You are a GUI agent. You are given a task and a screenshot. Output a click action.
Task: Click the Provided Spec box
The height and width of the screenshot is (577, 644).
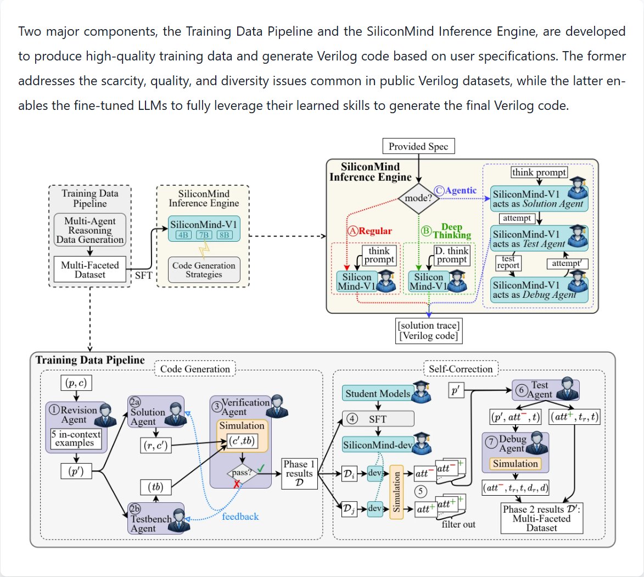418,146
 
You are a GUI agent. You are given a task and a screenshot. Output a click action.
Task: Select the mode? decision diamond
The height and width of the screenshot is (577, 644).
418,198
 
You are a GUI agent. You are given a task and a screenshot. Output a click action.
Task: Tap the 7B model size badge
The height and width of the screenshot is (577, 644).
204,235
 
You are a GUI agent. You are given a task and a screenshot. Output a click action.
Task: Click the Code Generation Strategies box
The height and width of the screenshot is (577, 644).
204,270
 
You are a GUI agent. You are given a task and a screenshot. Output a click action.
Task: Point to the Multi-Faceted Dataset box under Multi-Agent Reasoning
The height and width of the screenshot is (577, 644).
90,270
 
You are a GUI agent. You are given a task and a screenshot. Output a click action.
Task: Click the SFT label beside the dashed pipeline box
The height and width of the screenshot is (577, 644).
144,275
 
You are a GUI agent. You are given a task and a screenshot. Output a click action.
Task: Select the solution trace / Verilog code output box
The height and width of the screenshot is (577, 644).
429,331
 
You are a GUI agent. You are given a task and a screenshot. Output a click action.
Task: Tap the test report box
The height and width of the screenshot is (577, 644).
508,262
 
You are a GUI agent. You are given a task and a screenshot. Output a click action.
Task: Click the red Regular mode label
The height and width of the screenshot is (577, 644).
370,231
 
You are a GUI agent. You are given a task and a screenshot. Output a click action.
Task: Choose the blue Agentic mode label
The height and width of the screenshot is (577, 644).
456,190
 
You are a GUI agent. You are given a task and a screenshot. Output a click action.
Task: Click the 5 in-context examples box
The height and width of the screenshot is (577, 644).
76,439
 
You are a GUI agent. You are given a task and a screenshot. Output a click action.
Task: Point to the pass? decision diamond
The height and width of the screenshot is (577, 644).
242,473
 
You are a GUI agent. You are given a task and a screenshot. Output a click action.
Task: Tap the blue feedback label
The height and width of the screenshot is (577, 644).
240,517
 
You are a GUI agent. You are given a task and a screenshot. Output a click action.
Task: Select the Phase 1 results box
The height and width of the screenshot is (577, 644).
299,474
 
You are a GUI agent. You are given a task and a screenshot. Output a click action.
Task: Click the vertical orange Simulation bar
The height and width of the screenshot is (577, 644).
396,492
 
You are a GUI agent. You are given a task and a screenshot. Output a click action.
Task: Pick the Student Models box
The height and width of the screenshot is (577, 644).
378,393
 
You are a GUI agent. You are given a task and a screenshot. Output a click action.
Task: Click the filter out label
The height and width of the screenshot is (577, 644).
458,524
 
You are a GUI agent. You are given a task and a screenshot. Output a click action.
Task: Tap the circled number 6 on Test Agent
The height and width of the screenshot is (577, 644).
521,390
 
